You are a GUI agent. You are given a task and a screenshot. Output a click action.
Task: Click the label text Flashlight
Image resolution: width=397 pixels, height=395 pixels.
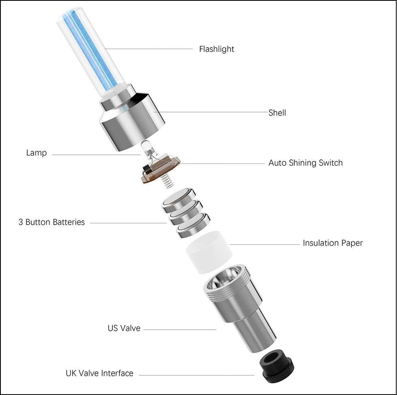216,49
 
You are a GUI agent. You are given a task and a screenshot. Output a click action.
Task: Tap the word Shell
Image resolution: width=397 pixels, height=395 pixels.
277,113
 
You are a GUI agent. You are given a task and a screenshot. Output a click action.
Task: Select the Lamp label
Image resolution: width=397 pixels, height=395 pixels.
37,153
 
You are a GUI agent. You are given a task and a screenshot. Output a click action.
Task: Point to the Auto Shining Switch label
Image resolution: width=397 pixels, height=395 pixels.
305,163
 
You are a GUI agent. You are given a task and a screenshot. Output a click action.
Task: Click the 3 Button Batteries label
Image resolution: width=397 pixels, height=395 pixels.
52,222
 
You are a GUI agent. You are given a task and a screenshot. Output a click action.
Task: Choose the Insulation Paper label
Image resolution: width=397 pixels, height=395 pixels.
333,243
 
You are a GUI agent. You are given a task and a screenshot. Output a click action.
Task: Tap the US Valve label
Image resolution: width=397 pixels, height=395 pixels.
124,328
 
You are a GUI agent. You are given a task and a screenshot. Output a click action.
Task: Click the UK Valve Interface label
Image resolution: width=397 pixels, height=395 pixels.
99,373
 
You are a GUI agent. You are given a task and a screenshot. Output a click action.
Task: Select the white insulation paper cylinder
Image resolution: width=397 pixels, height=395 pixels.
209,252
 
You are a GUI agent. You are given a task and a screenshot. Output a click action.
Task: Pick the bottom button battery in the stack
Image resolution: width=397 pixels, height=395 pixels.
194,226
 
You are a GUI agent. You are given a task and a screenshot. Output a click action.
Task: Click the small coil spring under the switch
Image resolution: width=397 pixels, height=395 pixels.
166,180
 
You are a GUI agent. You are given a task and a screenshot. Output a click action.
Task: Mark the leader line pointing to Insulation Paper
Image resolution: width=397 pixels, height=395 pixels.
265,244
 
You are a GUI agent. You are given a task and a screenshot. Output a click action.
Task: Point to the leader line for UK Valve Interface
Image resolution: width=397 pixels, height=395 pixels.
197,375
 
